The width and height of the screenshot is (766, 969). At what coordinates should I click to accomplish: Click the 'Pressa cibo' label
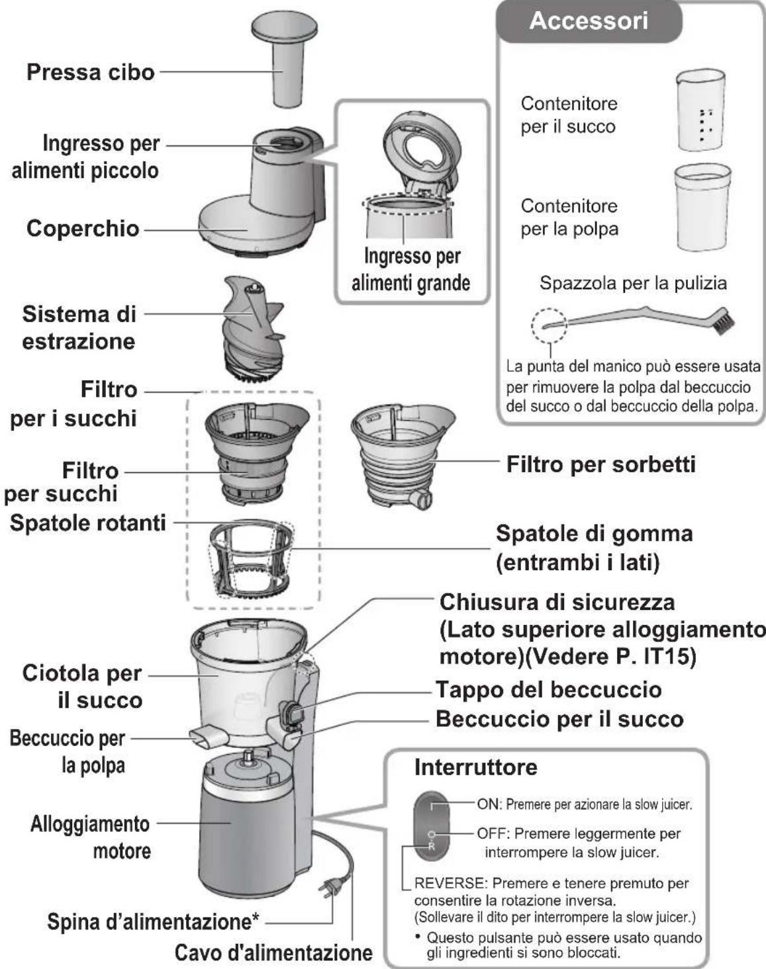coord(90,72)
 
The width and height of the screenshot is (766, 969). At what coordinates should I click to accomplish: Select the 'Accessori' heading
coord(589,21)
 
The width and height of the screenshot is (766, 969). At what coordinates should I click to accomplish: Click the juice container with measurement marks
coord(700,111)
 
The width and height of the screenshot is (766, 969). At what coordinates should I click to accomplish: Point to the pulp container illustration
coord(701,208)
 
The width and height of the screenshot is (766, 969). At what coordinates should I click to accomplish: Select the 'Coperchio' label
coord(83,229)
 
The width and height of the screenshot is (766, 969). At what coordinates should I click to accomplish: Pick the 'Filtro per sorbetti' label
coord(600,464)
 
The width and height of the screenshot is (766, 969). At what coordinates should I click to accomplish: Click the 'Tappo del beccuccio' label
coord(548,690)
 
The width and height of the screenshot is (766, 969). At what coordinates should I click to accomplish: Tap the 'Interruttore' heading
coord(475,767)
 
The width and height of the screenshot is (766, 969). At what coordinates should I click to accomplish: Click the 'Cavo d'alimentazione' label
coord(273,953)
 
